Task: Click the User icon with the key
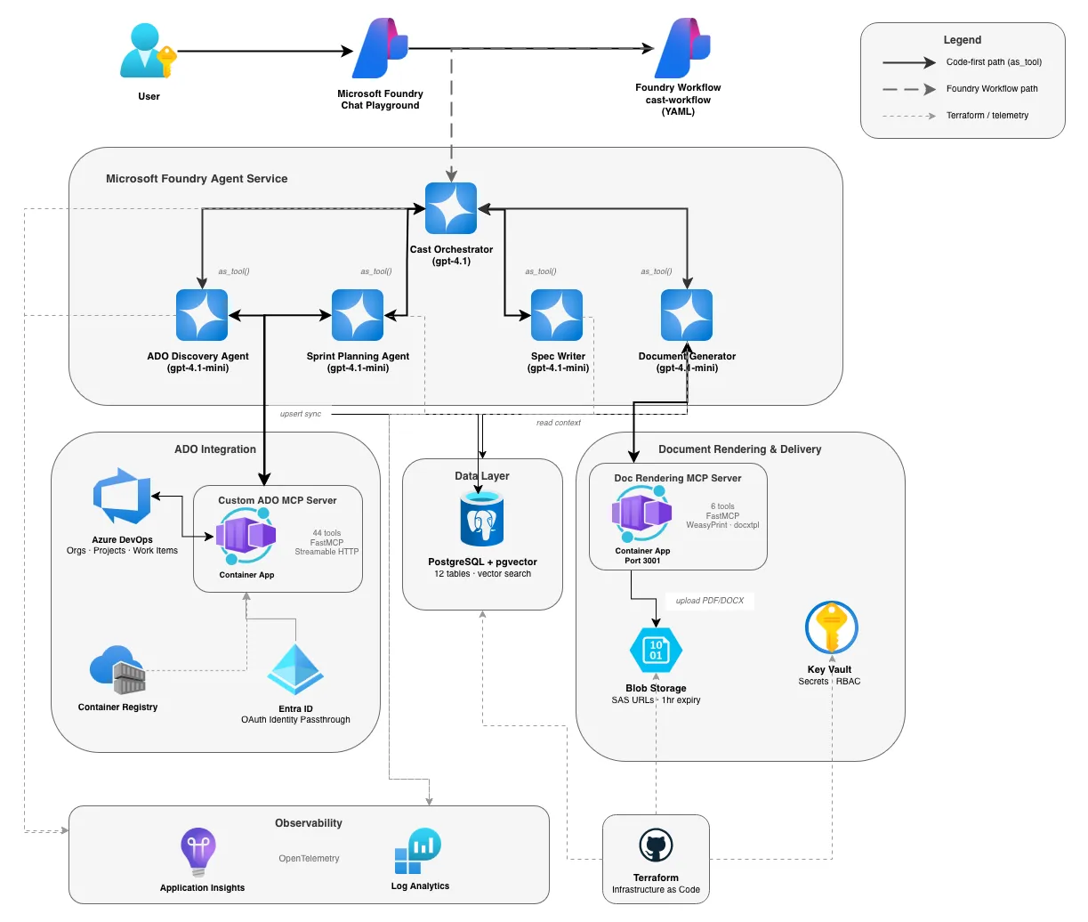[148, 52]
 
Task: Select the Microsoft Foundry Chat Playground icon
[380, 49]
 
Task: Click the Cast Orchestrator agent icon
[451, 209]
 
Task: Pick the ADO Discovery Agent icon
[202, 315]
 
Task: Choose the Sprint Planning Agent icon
[358, 315]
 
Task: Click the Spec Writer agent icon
[557, 315]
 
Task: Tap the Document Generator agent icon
[687, 315]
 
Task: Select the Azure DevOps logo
[122, 497]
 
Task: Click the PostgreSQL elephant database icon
[482, 522]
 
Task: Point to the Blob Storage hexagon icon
[656, 651]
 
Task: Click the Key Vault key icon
[831, 627]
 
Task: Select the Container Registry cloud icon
[117, 670]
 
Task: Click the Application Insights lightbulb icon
[197, 852]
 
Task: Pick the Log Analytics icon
[418, 852]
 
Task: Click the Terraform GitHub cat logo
[656, 845]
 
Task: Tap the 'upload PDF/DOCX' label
[710, 601]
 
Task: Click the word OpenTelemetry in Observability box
[309, 859]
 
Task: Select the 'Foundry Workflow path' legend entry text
[992, 89]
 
